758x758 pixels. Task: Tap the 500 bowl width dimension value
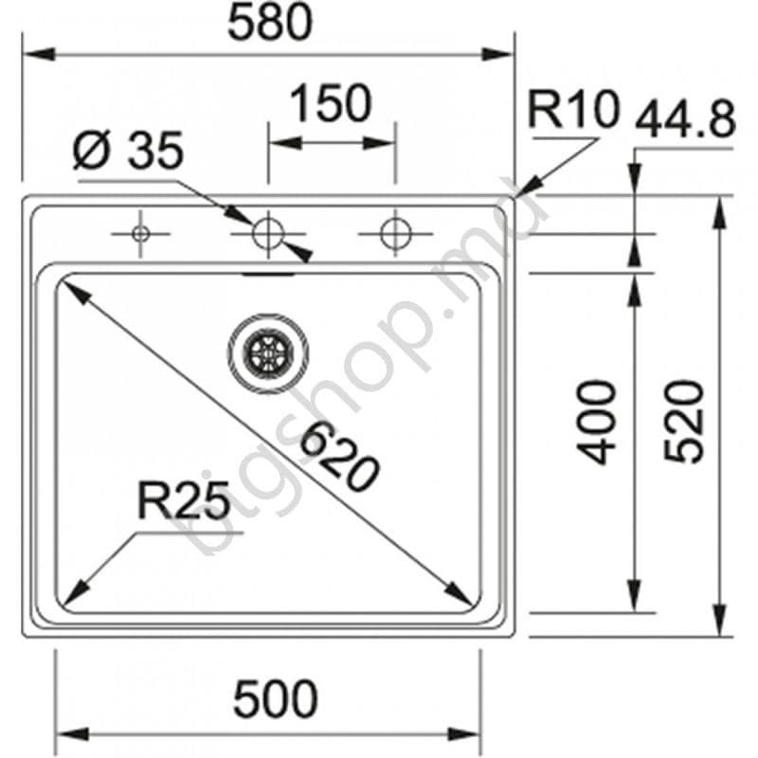275,699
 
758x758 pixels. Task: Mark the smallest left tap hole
140,232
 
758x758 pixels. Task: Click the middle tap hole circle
268,232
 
